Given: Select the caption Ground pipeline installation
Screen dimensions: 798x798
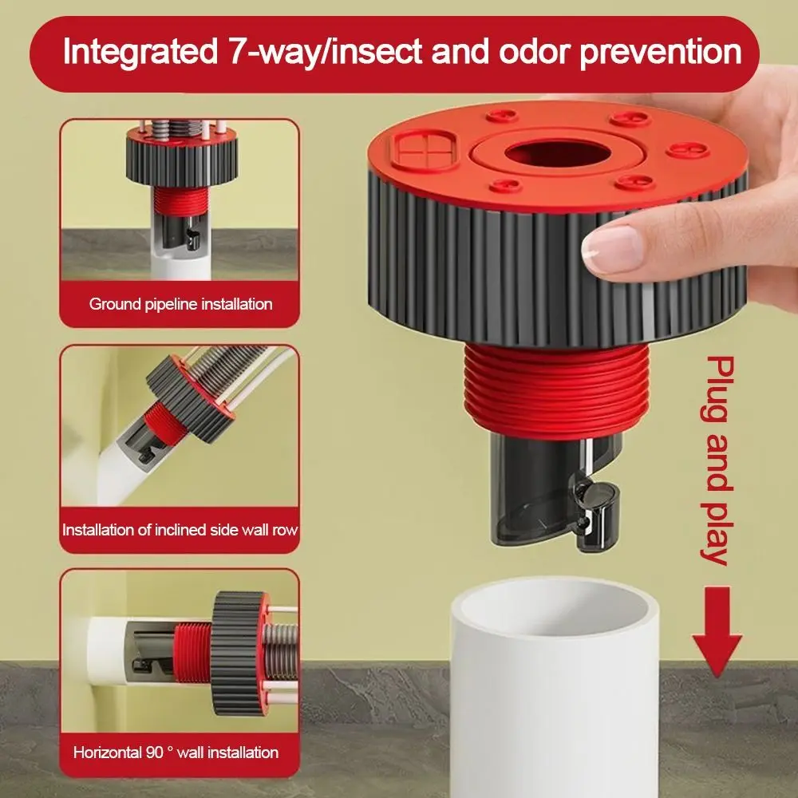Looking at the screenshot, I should (180, 304).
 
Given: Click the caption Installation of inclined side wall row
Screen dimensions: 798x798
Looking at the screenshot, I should (180, 529).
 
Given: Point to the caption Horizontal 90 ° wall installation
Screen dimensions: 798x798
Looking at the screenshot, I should (176, 752).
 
